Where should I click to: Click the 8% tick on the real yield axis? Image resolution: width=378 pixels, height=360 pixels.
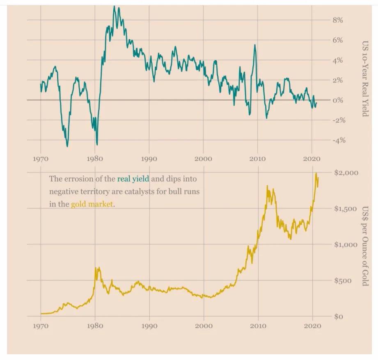[337, 20]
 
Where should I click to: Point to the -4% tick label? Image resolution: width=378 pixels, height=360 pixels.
[338, 140]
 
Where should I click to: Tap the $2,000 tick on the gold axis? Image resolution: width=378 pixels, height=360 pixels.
[346, 173]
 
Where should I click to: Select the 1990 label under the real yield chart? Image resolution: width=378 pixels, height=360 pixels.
[149, 159]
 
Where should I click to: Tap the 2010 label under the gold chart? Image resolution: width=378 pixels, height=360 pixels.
[257, 326]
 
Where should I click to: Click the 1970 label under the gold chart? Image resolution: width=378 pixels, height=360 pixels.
[41, 326]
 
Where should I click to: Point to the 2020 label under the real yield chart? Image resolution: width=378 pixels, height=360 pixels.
[312, 159]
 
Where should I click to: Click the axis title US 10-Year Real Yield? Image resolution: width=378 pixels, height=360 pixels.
[364, 78]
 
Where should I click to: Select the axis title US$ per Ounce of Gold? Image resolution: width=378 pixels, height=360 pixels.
[364, 246]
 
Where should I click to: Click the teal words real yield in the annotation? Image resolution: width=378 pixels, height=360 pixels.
[133, 179]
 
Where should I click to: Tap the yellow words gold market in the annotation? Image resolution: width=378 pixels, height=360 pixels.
[92, 204]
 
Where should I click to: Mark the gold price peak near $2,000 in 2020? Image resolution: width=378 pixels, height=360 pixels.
[316, 174]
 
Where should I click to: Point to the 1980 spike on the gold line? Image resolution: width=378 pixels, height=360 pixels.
[96, 268]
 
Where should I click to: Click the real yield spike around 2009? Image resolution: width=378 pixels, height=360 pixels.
[255, 45]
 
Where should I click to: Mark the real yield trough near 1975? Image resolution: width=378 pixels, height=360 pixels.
[67, 146]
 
